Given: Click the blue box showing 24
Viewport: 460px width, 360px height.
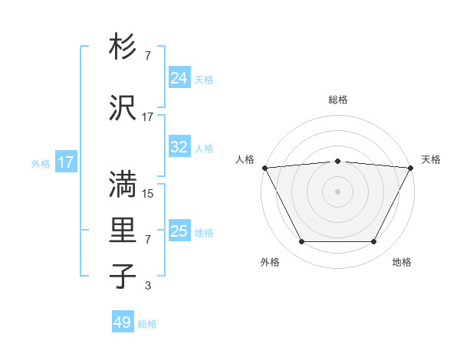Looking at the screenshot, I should pos(179,78).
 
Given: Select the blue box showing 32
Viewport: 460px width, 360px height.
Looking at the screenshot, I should pos(179,147).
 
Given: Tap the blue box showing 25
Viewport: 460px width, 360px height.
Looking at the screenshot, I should pos(179,231).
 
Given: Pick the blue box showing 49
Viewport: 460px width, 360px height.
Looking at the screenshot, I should pos(123,322).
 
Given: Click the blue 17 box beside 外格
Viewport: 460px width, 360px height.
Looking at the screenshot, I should pos(65,162).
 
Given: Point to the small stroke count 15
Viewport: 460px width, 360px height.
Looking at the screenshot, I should pos(148,193).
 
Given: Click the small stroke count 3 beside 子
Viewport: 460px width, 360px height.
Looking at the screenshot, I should pos(148,286).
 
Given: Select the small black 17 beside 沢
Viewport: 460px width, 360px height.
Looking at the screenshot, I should pos(148,116).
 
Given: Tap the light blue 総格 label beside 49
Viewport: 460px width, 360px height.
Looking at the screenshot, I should pos(147,324).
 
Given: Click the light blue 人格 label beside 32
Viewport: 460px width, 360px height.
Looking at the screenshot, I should pos(204,148).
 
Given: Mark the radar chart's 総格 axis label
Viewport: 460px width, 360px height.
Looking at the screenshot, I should pos(338,100).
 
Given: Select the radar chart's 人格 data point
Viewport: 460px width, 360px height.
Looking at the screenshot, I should pos(264,168).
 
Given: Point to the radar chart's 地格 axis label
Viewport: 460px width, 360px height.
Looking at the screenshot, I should pos(402,263).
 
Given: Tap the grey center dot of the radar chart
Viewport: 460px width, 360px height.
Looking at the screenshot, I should pos(337,191).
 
